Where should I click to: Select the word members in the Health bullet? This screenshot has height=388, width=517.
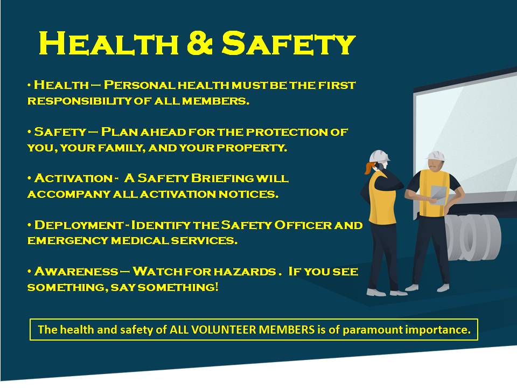[215, 101]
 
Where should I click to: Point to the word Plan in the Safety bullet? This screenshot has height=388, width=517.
[120, 132]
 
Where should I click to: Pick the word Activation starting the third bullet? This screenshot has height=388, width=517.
[73, 178]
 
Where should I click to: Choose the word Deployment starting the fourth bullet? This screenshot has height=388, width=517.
[79, 225]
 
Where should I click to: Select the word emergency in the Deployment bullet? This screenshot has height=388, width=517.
[68, 240]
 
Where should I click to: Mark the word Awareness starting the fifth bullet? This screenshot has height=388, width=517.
[76, 272]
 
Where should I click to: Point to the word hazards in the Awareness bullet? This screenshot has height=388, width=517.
[244, 272]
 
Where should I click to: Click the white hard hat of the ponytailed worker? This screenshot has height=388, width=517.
[379, 156]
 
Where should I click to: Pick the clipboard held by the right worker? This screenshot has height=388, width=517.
[438, 195]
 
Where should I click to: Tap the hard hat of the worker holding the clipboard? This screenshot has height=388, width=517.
[436, 156]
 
